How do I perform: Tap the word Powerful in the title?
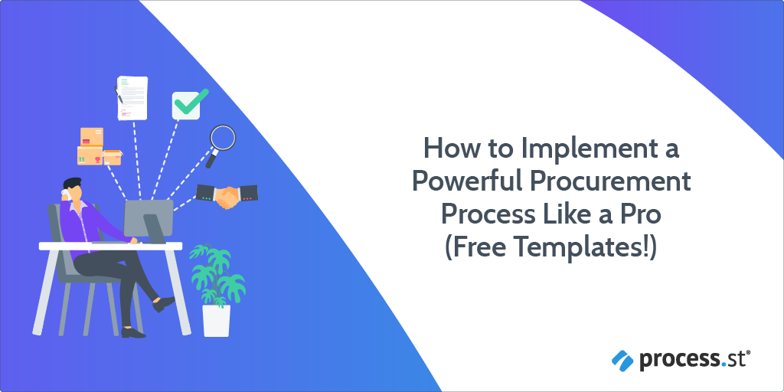[x=469, y=181]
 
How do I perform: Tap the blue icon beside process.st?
[x=621, y=358]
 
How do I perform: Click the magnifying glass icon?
[x=222, y=139]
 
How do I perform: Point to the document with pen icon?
[x=131, y=97]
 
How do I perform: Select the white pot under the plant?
[x=215, y=320]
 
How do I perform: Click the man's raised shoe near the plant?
[x=167, y=304]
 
